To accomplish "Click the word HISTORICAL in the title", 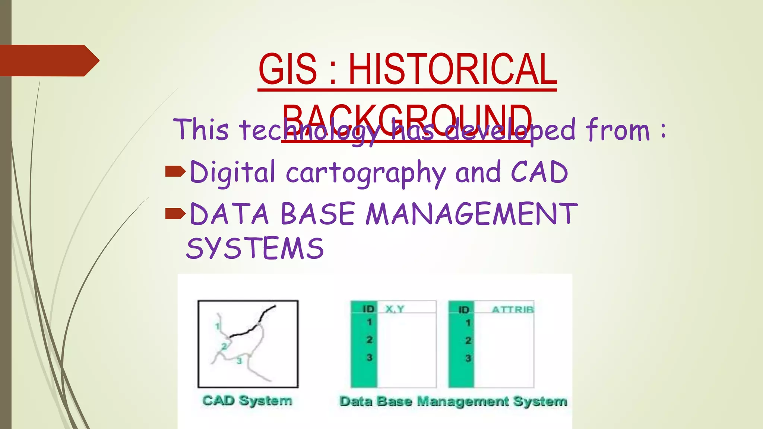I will [x=452, y=69].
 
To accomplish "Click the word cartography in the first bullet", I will [x=366, y=172].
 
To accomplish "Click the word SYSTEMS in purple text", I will [x=255, y=248].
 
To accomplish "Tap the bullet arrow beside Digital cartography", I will [x=175, y=171].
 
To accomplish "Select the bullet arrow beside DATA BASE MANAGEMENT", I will [x=175, y=213].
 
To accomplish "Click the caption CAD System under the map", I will [x=247, y=401].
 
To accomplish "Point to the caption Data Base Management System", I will [x=453, y=401].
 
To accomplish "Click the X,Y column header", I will [x=395, y=309].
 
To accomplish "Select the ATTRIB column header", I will [x=512, y=309].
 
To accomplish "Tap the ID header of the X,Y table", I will [x=368, y=309].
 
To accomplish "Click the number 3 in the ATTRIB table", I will [x=468, y=358].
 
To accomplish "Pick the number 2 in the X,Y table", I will [x=369, y=340].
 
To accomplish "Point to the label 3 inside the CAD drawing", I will [x=239, y=360].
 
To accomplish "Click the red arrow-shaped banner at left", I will [x=48, y=60].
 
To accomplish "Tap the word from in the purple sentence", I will [x=617, y=130].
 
